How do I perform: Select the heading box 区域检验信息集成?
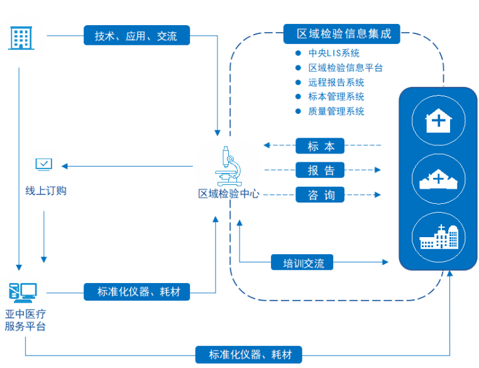344,34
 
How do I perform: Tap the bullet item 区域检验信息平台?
345,68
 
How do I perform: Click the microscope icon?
228,165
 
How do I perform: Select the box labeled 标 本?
321,146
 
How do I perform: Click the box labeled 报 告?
321,170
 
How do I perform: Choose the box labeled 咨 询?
321,195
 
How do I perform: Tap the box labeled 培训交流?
302,262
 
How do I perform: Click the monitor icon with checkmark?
44,165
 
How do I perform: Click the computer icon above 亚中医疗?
23,291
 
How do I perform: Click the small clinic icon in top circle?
438,120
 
